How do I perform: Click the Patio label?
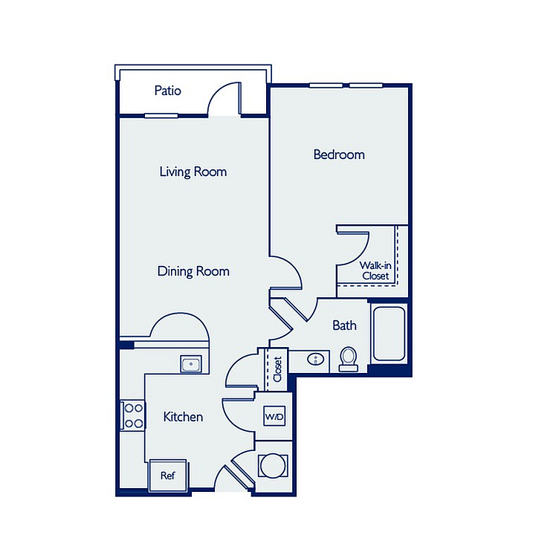tap(167, 91)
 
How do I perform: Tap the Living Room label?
tap(193, 172)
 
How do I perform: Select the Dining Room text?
tap(193, 271)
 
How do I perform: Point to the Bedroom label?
tap(339, 155)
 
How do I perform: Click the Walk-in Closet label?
tap(375, 270)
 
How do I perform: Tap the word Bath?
tap(344, 325)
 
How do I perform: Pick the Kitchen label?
tap(183, 417)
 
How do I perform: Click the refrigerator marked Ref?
tap(167, 475)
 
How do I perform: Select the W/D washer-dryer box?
tap(274, 416)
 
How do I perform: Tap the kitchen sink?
tap(191, 364)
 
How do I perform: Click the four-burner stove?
tap(132, 415)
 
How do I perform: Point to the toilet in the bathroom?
tap(349, 359)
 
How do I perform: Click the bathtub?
tap(389, 334)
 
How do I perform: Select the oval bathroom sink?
tap(316, 358)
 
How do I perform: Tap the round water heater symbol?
tap(273, 465)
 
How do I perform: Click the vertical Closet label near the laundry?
tap(277, 369)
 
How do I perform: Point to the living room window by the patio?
tap(161, 115)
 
